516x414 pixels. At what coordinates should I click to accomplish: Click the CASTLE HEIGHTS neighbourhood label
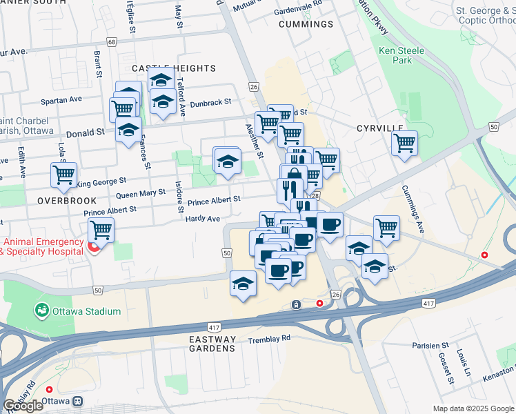(x=174, y=68)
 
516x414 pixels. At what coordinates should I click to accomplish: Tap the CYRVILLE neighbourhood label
(x=379, y=128)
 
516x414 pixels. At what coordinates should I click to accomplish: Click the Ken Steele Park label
(x=395, y=55)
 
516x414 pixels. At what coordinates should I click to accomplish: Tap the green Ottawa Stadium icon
(x=42, y=311)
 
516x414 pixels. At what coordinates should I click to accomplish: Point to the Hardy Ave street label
(x=203, y=219)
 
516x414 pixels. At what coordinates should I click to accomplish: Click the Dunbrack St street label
(x=211, y=102)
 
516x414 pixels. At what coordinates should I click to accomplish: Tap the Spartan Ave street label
(x=61, y=99)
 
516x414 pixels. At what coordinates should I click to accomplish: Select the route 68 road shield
(x=112, y=43)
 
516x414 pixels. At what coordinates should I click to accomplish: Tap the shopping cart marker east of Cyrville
(x=404, y=144)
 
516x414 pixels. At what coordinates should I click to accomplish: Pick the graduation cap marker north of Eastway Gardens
(x=243, y=283)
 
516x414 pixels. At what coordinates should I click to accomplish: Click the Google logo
(x=23, y=406)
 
